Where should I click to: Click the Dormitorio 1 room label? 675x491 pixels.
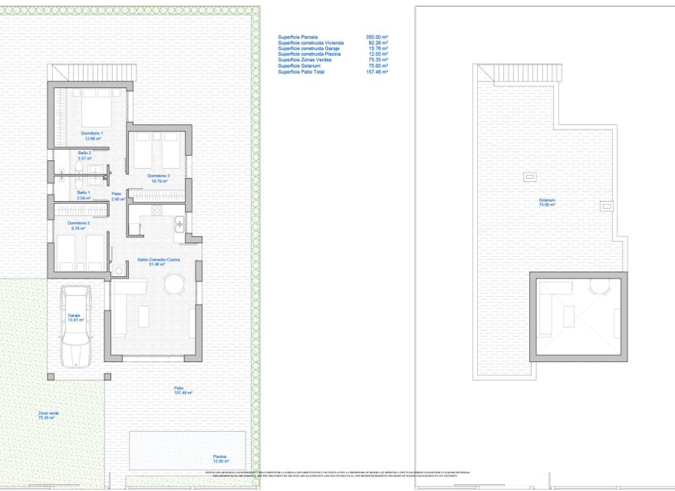click(x=92, y=136)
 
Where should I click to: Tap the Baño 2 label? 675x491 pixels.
click(x=84, y=156)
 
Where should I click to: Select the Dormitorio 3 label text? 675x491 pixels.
click(x=158, y=179)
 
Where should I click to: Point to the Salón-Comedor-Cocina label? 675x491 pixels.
click(x=159, y=262)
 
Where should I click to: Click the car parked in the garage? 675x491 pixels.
click(x=75, y=325)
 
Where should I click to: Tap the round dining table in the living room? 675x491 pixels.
click(x=174, y=285)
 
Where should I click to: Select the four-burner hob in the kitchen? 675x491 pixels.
click(x=157, y=210)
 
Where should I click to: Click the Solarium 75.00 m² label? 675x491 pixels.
click(x=546, y=203)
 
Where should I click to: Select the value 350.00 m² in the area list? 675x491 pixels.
click(x=377, y=37)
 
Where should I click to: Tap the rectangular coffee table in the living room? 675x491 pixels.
click(x=143, y=315)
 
